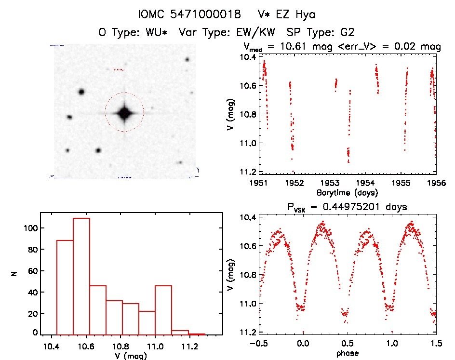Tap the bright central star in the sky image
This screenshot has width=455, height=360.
coord(124,113)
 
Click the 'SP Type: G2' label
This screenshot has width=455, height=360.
coord(321,33)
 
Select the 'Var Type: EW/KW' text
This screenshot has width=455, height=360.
coord(229,33)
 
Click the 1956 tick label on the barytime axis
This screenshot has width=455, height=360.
coord(436,183)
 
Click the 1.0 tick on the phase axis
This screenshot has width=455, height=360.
coord(392,344)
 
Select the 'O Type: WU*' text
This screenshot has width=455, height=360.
coord(134,33)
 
